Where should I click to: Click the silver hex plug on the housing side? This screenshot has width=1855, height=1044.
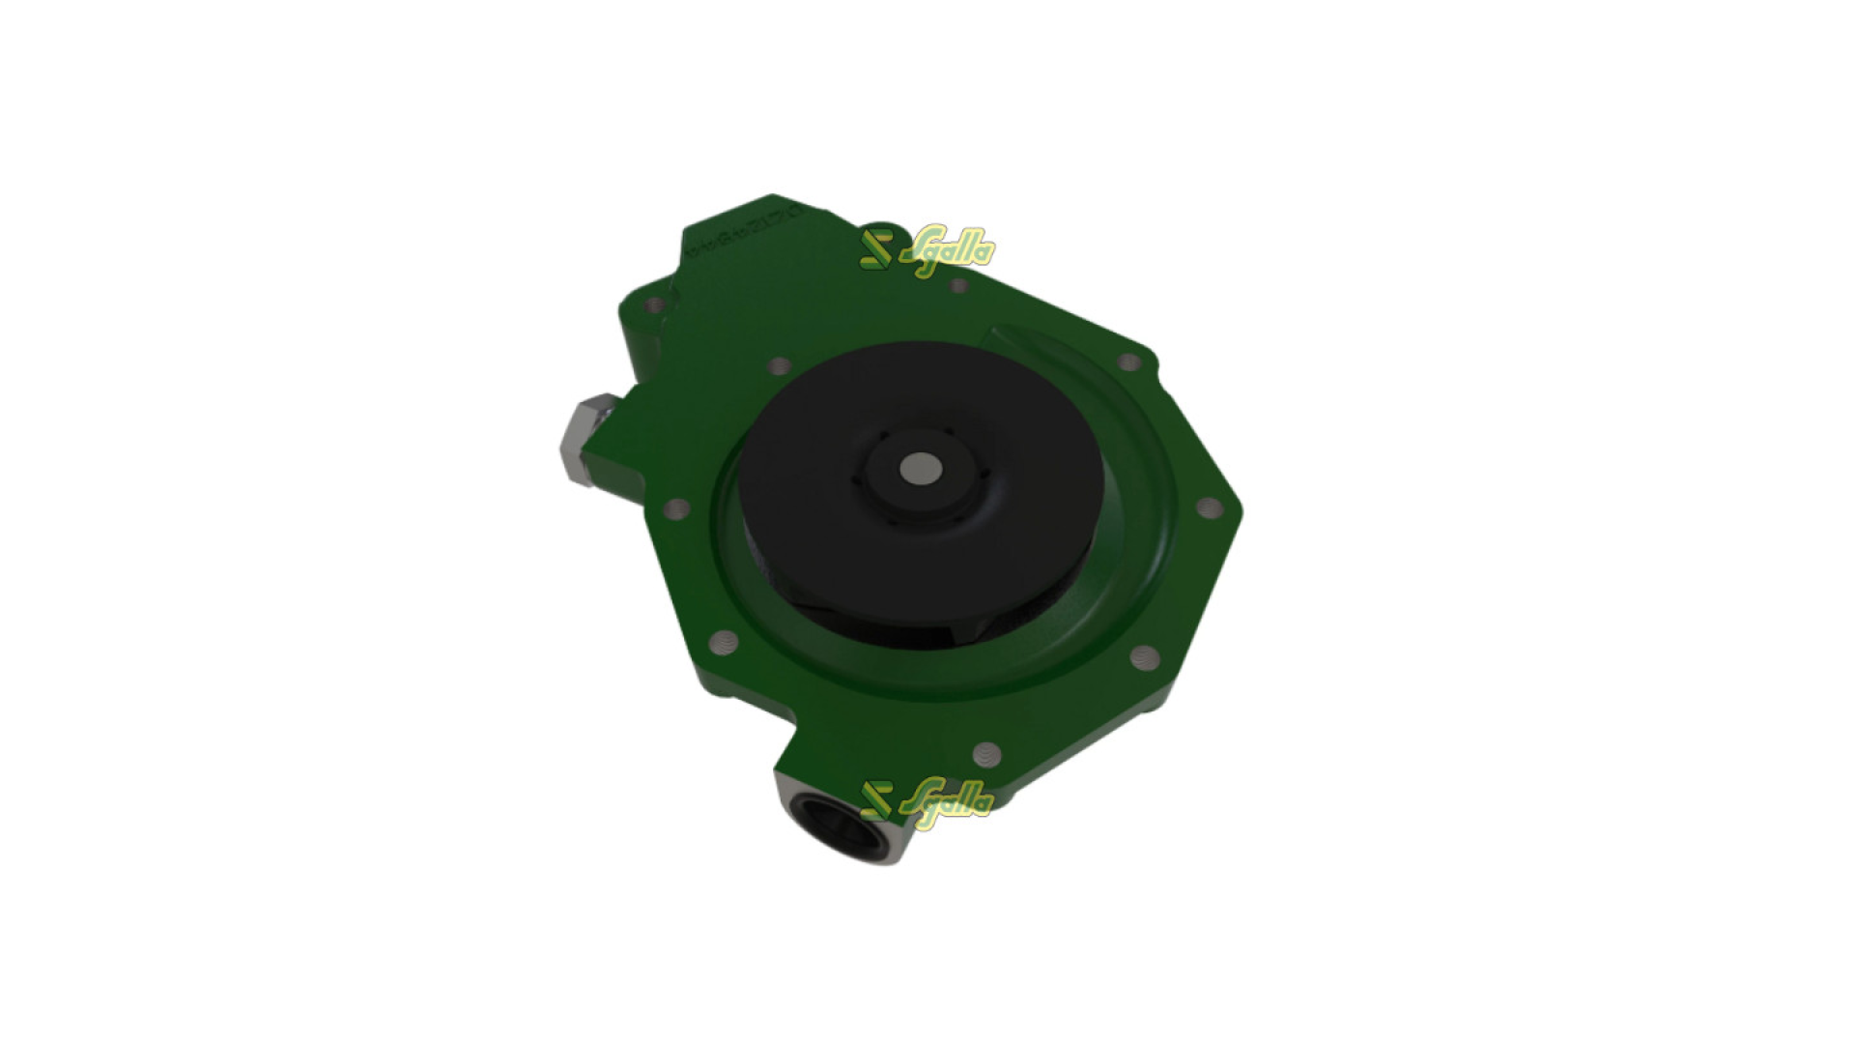(x=585, y=441)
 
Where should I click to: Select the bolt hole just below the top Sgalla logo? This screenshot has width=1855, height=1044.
(x=958, y=286)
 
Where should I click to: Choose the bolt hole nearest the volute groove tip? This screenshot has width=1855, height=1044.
(x=1127, y=362)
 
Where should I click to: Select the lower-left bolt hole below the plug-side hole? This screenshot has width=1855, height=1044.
(x=720, y=640)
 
